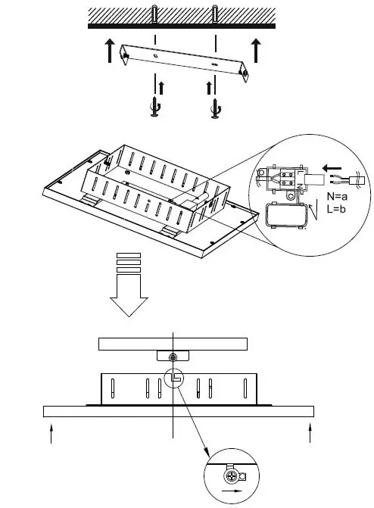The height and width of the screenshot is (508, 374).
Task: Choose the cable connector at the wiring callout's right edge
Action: point(356,182)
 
